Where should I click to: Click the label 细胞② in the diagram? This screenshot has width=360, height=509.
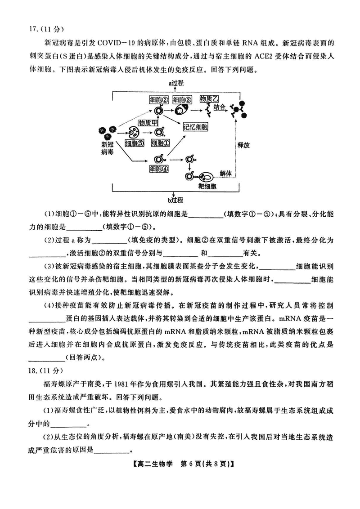[159, 99]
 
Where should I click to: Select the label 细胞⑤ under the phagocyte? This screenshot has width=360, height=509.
[135, 143]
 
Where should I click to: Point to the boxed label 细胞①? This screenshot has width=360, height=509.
[160, 143]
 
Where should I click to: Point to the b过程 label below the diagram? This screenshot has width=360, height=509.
[176, 199]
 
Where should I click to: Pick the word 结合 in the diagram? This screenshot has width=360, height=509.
[220, 107]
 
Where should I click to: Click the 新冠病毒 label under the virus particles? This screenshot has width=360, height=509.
[107, 149]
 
